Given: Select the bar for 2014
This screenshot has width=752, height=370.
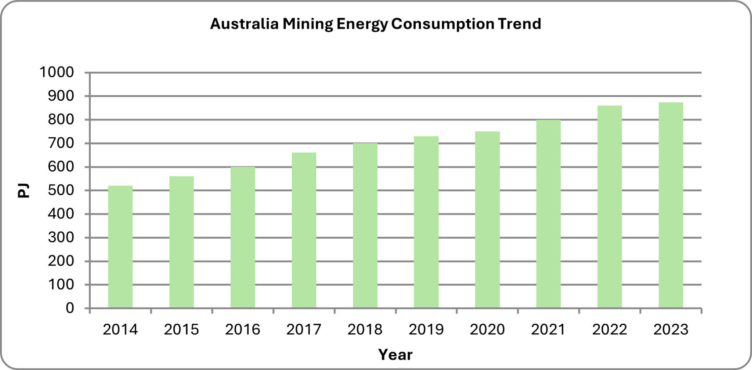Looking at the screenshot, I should (120, 247).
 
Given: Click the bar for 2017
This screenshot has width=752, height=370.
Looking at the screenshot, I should (304, 230).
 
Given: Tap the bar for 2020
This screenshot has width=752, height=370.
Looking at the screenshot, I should (487, 220).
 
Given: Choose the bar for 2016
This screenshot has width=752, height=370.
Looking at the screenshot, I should (242, 237).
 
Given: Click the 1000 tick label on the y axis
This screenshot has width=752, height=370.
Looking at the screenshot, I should (57, 72).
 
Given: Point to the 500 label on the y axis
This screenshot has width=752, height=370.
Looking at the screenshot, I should (61, 191).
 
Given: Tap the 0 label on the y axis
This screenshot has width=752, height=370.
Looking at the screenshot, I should (70, 308).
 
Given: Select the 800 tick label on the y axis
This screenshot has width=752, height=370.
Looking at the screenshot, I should (61, 120).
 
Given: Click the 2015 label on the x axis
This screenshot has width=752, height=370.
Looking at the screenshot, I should (181, 330).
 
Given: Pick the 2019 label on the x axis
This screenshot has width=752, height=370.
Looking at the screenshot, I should (426, 330).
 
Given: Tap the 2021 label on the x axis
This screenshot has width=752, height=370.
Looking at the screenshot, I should (548, 330).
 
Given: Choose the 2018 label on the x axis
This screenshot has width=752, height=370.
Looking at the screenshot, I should (365, 330).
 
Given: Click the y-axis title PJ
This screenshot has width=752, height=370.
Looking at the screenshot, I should (23, 191).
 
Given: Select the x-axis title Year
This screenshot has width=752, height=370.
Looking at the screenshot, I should (395, 355).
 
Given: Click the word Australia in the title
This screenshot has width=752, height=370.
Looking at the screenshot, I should (244, 24).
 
